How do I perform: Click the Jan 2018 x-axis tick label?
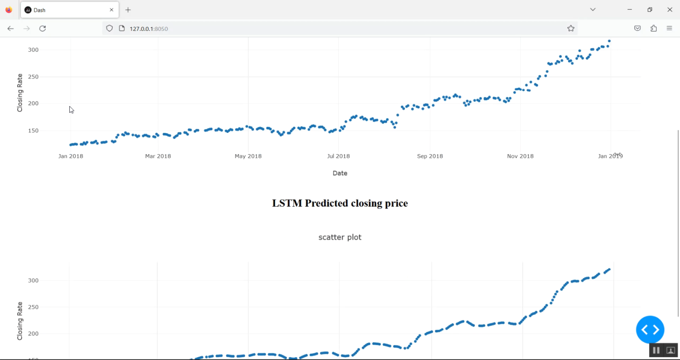[71, 156]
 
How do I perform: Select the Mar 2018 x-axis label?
[158, 156]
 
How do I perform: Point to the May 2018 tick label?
[248, 156]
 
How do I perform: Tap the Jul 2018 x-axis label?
[338, 156]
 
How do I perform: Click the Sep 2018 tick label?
[430, 156]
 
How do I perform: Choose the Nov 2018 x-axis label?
[520, 156]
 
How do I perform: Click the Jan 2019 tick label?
[610, 156]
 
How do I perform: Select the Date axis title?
[340, 173]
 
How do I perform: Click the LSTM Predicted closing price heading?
[340, 203]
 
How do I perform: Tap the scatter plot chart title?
[340, 237]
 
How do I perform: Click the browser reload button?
[43, 29]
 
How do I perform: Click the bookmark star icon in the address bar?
[571, 29]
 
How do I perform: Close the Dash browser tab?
[112, 10]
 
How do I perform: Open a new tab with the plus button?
[128, 10]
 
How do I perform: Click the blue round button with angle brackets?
[650, 330]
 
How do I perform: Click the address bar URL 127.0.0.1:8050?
[149, 29]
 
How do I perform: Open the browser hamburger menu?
[670, 29]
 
